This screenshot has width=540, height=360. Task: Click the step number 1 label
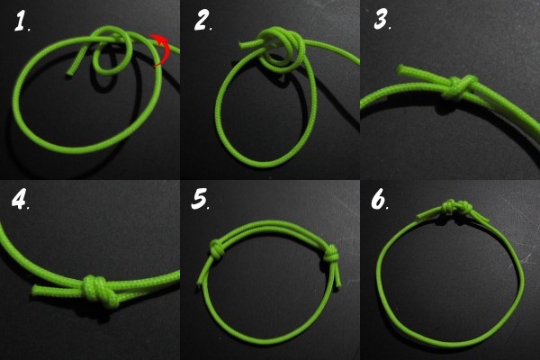[x=21, y=22]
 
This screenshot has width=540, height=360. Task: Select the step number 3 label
[x=381, y=19]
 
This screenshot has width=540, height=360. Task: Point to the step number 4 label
[x=19, y=199]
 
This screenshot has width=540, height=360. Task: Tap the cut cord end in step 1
[x=70, y=73]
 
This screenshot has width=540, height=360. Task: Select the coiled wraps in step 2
[x=282, y=49]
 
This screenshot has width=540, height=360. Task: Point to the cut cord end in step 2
[x=243, y=44]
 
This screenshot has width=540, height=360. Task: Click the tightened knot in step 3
[x=459, y=87]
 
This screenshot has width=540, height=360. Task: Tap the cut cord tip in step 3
[x=401, y=69]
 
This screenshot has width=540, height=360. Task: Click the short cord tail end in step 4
[x=36, y=290]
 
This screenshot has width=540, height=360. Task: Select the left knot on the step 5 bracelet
[x=217, y=248]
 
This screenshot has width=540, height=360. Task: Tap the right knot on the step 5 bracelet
[x=330, y=255]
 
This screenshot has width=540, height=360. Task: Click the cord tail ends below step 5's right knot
[x=337, y=276]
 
